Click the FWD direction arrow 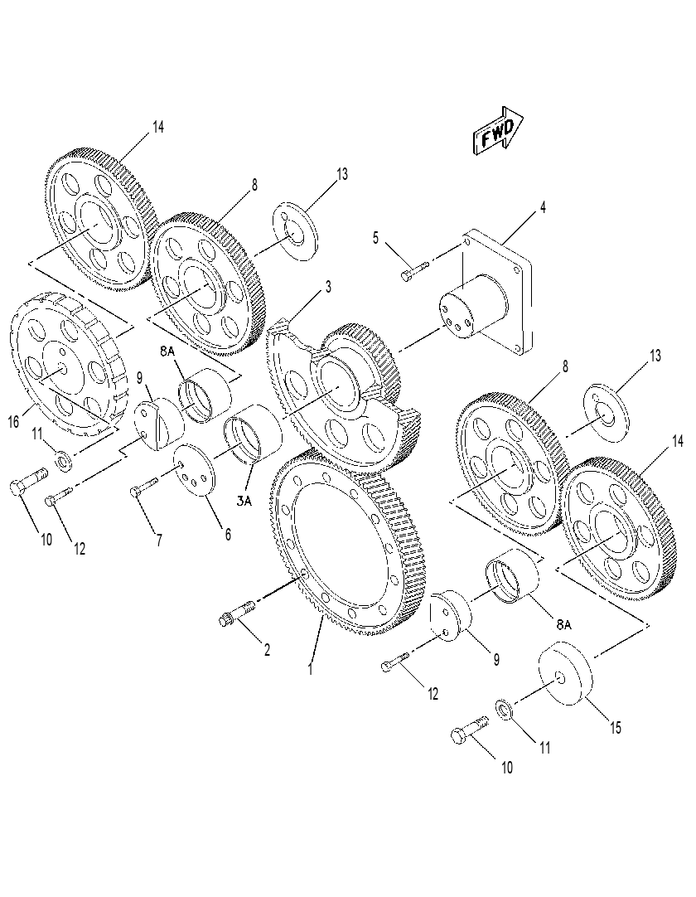tap(498, 131)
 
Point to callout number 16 tap(14, 422)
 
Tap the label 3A tap(244, 502)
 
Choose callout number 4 tap(543, 207)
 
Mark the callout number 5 tap(375, 238)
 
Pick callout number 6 tap(228, 535)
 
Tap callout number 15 tap(615, 728)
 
